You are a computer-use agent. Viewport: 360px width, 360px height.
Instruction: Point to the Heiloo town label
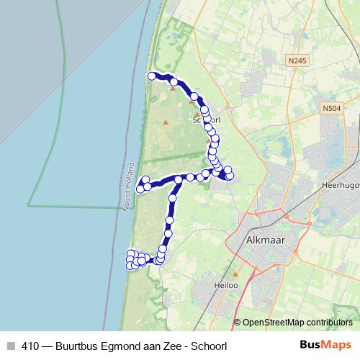point(225,285)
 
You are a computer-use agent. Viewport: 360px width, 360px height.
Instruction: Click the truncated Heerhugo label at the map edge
point(338,184)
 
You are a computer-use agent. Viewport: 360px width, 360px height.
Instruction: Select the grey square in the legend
point(11,346)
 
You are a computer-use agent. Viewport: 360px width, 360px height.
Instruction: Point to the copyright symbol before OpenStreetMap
point(238,322)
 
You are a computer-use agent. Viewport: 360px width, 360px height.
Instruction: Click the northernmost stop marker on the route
point(152,76)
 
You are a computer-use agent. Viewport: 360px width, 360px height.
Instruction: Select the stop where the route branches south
point(179,179)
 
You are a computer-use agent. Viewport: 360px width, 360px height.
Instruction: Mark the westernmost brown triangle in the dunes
point(166,122)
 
